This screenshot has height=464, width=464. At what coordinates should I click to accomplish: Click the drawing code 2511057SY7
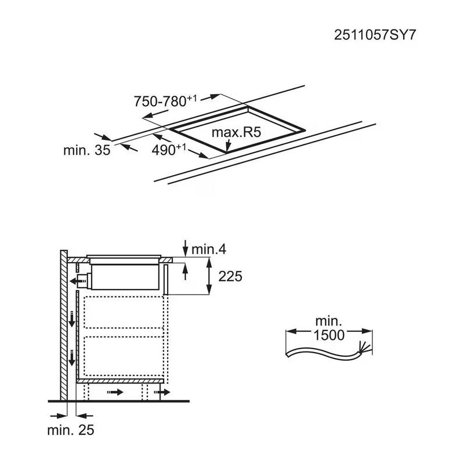[375, 35]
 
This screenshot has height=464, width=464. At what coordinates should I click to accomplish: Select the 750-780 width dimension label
[165, 101]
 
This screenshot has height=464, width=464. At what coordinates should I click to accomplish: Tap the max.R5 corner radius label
[237, 132]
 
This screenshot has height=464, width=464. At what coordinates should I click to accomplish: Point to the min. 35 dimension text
[86, 150]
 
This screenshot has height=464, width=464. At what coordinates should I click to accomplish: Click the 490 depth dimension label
[169, 150]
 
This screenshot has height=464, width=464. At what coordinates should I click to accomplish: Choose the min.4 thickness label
[209, 249]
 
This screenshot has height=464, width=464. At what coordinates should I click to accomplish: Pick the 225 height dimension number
[230, 277]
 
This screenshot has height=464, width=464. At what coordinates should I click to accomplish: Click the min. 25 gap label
[71, 430]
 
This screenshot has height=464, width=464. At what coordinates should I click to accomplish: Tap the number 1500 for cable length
[329, 335]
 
